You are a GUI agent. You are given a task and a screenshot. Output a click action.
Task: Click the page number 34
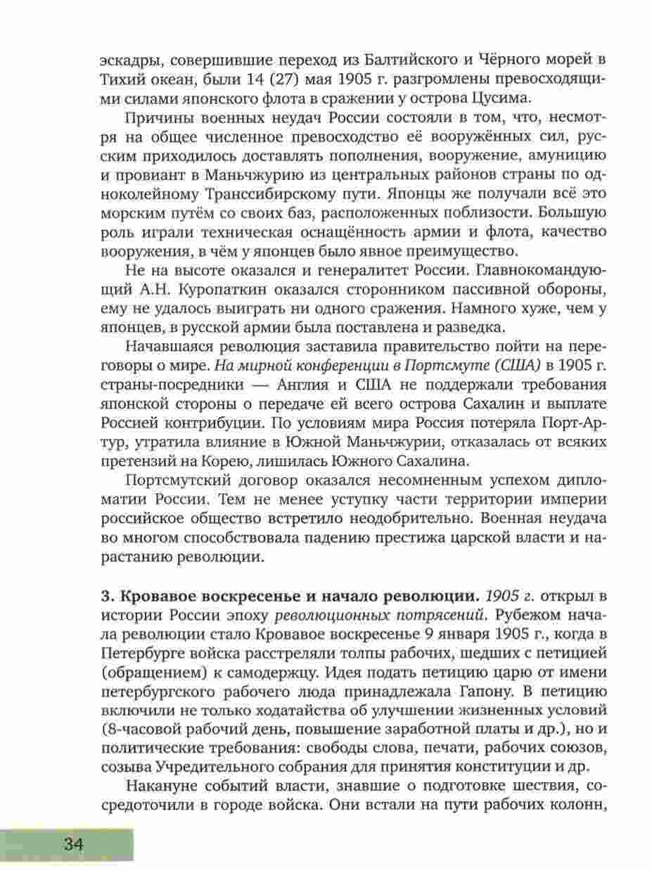73,844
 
